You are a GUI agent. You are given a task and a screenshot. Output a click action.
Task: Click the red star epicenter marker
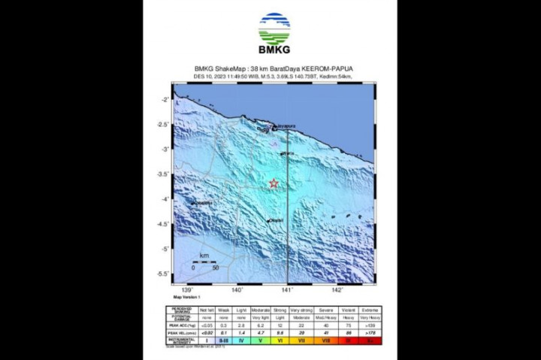[x=274, y=183]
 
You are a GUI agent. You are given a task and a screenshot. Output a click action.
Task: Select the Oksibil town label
[x=276, y=219]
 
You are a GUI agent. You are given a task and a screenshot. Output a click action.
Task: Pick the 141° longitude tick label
[x=287, y=289]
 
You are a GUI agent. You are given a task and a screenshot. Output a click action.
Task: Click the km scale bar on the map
[x=204, y=262]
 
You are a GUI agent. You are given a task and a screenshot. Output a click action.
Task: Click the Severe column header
[x=326, y=309]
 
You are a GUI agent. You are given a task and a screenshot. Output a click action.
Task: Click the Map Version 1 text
[x=187, y=298]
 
